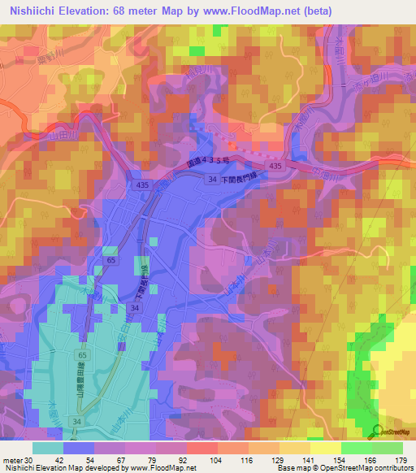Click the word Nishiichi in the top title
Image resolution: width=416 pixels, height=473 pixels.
[x=32, y=10]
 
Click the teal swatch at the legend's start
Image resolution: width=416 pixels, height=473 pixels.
[x=48, y=448]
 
